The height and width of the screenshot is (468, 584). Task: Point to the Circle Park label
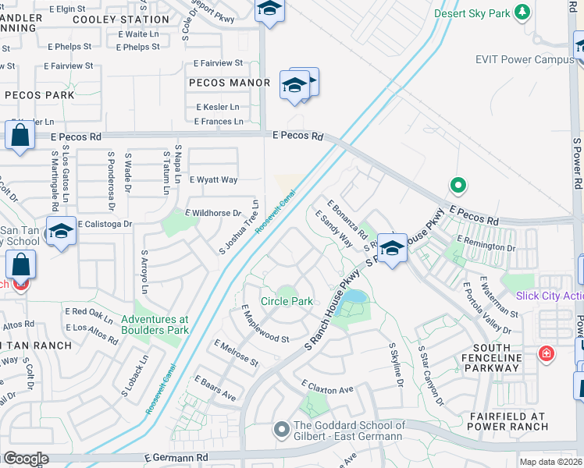[x=287, y=301]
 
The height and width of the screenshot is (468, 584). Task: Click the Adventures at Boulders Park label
[x=155, y=324]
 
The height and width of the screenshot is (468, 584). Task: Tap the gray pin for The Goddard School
[x=281, y=429]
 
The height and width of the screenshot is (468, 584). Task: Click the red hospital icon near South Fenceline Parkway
[x=547, y=355]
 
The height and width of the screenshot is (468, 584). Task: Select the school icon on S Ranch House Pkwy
[x=393, y=247]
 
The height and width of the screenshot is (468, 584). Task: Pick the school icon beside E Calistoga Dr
[x=61, y=231]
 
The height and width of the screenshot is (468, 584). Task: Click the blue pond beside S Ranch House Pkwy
[x=354, y=297]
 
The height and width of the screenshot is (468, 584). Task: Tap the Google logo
[x=25, y=459]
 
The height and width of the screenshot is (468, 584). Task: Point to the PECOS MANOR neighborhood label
[x=229, y=83]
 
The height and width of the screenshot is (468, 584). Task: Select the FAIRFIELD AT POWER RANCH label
[x=507, y=421]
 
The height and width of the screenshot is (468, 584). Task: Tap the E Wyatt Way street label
[x=213, y=179]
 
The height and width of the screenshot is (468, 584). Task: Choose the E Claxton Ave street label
[x=328, y=388]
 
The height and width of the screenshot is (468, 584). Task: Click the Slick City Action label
[x=549, y=296]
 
